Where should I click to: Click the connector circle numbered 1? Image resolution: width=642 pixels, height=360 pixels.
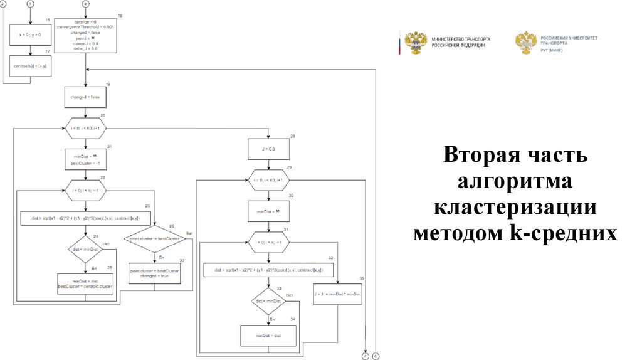[29, 4]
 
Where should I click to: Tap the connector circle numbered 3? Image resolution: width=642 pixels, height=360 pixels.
[85, 4]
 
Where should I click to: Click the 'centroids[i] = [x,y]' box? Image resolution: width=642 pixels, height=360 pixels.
[29, 65]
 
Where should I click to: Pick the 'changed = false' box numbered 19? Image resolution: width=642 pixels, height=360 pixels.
[85, 98]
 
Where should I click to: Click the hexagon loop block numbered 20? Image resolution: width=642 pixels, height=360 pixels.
[85, 127]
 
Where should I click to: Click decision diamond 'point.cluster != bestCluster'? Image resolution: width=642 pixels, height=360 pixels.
[154, 239]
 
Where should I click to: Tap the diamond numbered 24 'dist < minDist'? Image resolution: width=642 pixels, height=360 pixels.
[85, 249]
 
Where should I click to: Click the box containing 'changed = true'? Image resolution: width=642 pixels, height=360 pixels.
[154, 273]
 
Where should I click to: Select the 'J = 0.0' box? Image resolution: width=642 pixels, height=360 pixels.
[268, 149]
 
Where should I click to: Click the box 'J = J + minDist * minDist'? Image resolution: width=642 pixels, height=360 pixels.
[338, 294]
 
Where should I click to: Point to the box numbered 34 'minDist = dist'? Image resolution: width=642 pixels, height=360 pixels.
[268, 335]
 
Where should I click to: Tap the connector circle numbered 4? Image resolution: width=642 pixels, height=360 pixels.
[365, 356]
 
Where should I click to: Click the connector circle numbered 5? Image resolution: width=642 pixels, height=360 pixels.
[376, 356]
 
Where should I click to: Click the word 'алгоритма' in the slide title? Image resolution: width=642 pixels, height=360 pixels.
[513, 182]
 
